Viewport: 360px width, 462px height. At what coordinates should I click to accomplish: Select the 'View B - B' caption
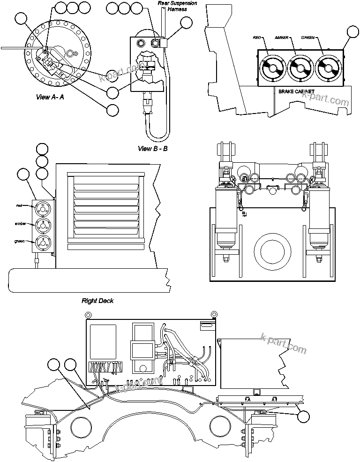(152, 149)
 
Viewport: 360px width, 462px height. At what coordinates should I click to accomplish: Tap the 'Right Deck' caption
(97, 301)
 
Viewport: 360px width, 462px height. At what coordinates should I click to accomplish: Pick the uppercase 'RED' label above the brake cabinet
(257, 37)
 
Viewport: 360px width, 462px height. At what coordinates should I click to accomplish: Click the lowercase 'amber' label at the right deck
(20, 224)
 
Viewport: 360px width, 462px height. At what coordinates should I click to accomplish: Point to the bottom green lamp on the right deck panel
(42, 242)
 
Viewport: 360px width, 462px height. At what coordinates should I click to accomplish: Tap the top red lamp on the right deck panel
(42, 208)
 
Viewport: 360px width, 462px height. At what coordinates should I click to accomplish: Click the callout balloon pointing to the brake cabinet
(352, 32)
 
